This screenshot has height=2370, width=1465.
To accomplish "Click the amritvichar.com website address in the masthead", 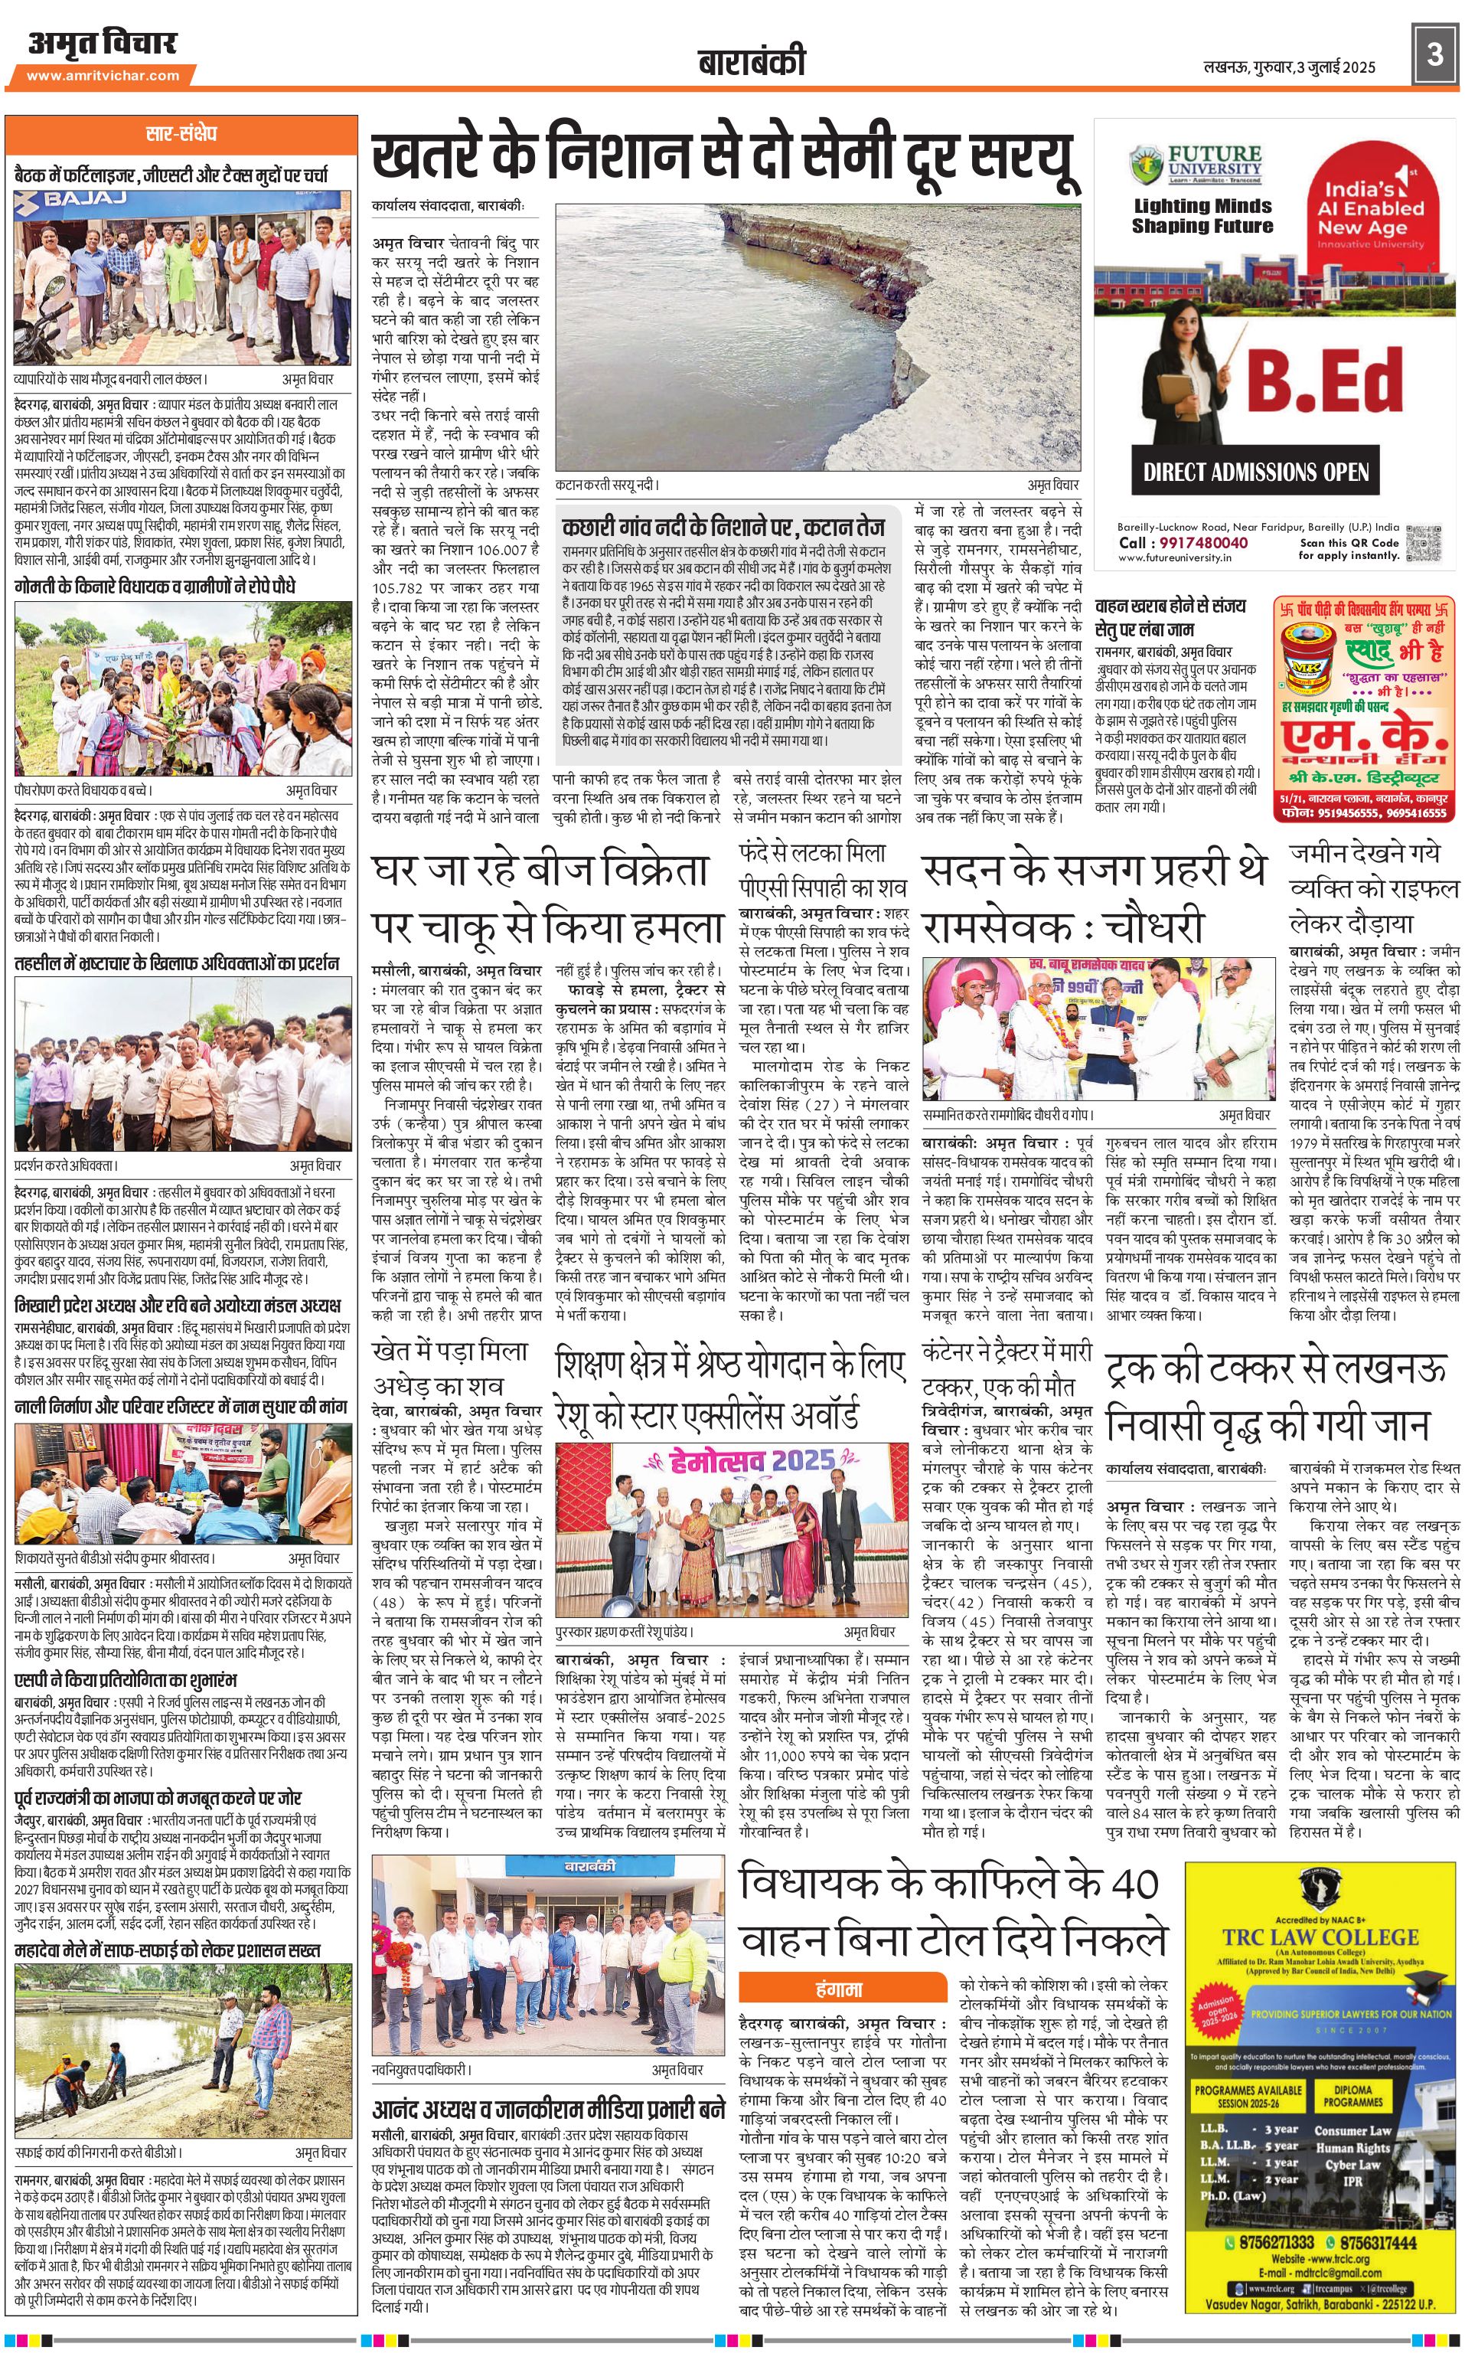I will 103,76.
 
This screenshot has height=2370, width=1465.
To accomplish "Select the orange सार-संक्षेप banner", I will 181,132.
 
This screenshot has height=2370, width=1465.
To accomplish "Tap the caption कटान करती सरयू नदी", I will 606,484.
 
